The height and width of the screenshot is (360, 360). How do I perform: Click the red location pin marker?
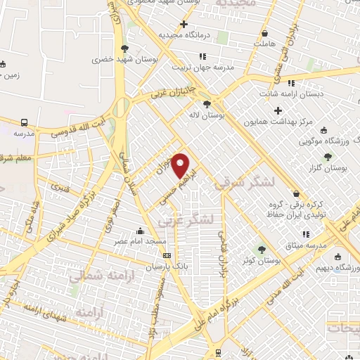click(x=181, y=165)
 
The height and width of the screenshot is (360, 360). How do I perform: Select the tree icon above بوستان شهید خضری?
click(x=124, y=49)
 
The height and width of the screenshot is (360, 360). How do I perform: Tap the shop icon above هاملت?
click(x=264, y=33)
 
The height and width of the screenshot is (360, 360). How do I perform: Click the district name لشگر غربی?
click(x=185, y=220)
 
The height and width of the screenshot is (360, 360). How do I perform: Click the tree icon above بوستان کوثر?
click(x=262, y=249)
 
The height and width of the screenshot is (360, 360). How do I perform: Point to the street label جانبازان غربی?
click(x=168, y=93)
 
